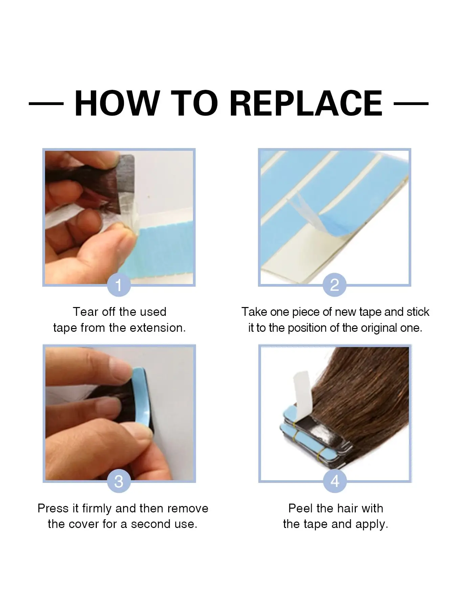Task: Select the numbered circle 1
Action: tap(118, 285)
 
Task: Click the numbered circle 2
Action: tap(334, 285)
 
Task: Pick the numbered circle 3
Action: tap(118, 481)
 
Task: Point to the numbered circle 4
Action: tap(335, 481)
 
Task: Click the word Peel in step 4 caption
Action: tap(301, 508)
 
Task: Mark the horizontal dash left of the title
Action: tap(46, 103)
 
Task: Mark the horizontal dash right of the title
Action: tap(411, 103)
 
